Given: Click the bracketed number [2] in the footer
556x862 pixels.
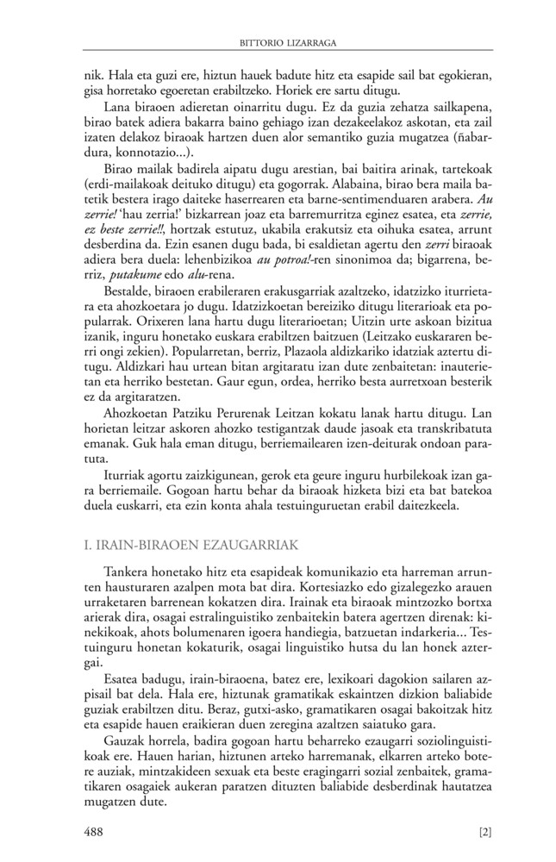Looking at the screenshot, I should tap(484, 833).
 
